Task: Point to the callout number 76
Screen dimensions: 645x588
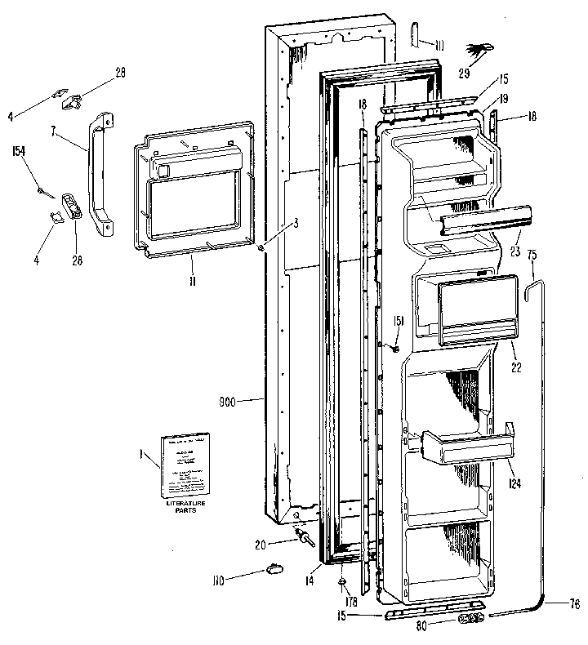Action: (x=574, y=605)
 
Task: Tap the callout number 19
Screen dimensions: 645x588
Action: (x=504, y=98)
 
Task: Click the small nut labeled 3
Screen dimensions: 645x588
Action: (x=260, y=248)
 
